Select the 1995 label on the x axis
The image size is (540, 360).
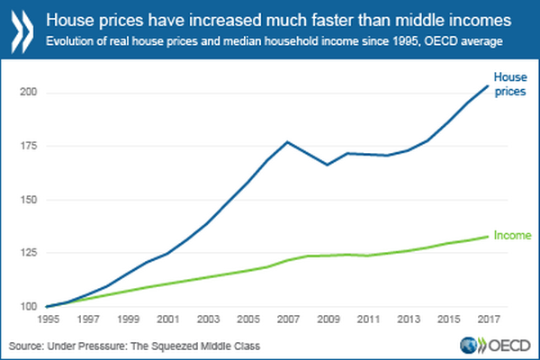click(46, 319)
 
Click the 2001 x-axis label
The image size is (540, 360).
click(166, 319)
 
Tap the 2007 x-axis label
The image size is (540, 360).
click(286, 319)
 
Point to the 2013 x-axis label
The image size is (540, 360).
click(407, 319)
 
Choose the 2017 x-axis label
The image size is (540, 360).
click(487, 319)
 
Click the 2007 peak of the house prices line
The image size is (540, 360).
click(286, 141)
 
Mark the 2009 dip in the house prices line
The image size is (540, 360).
click(327, 165)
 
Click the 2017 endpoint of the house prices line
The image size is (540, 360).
click(487, 86)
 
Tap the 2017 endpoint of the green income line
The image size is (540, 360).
click(487, 237)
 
